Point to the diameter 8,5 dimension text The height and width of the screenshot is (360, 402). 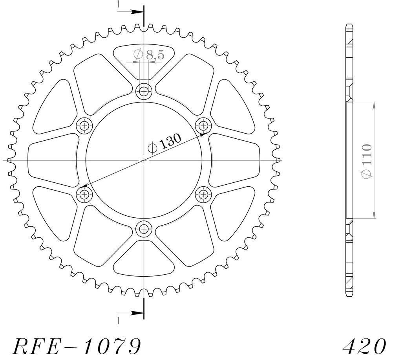pyautogui.click(x=149, y=54)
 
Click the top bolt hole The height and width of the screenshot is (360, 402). pyautogui.click(x=144, y=91)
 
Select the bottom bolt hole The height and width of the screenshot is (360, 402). pyautogui.click(x=144, y=228)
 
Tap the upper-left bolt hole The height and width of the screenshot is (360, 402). pyautogui.click(x=84, y=126)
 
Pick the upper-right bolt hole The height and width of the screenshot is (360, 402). pyautogui.click(x=203, y=126)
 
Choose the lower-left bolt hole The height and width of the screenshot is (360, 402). pyautogui.click(x=84, y=195)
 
